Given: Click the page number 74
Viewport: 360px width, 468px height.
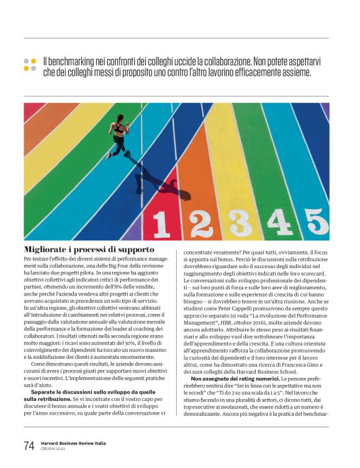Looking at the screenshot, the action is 29,446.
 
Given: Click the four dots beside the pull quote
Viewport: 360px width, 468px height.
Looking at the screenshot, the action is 30,65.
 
